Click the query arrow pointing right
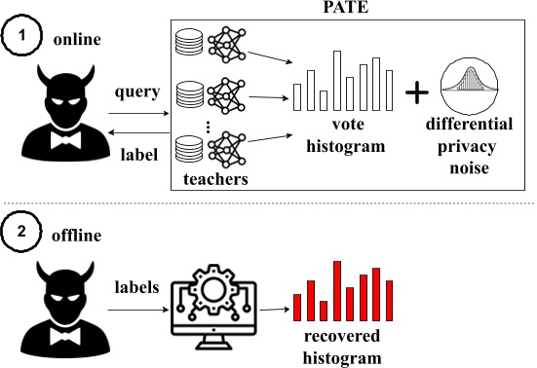(136, 115)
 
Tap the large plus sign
(417, 93)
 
